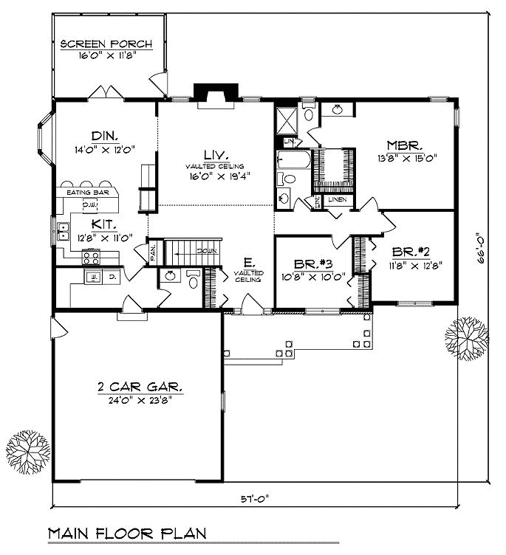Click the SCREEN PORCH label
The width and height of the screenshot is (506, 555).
tap(106, 44)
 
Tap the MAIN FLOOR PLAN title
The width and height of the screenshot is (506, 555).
tap(127, 532)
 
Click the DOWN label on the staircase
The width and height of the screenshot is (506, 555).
tap(206, 251)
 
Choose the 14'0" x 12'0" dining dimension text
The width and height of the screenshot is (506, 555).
tap(106, 148)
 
